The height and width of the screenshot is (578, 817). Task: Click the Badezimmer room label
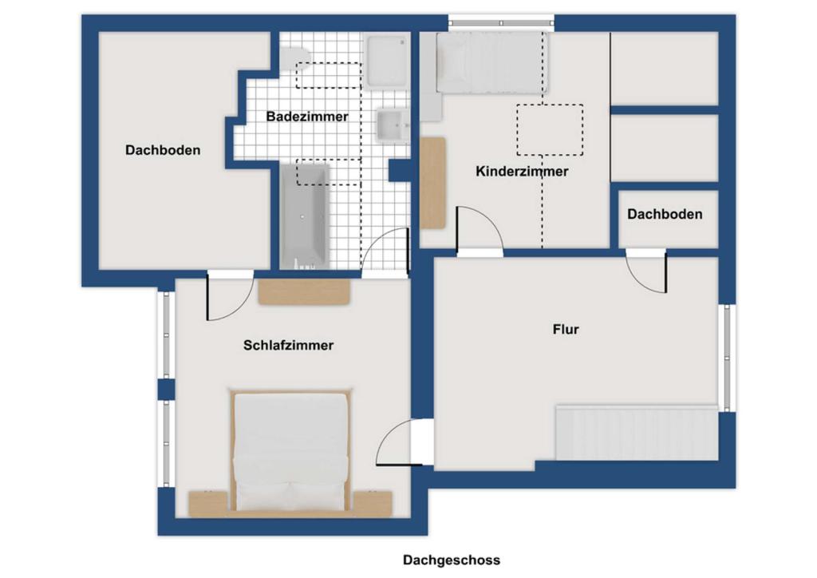tap(307, 117)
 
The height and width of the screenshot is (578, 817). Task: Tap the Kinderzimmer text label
tap(522, 172)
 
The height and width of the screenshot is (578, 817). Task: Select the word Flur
tap(565, 329)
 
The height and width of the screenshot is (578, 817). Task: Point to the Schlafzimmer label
tap(288, 346)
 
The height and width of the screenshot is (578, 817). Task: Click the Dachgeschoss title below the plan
tap(452, 560)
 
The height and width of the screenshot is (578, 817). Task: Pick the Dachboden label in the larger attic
tap(163, 150)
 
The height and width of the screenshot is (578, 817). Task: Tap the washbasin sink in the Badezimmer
tap(391, 125)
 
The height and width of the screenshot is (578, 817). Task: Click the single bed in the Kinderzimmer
tap(491, 62)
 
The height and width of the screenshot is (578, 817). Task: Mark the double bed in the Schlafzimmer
tap(291, 451)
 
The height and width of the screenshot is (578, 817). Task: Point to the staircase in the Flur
tap(637, 432)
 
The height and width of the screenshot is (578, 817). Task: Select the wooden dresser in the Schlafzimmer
tap(304, 291)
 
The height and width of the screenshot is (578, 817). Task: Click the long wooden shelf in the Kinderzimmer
tap(432, 182)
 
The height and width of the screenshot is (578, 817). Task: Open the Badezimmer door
tap(386, 251)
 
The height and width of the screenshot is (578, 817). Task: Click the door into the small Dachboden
tap(646, 271)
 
